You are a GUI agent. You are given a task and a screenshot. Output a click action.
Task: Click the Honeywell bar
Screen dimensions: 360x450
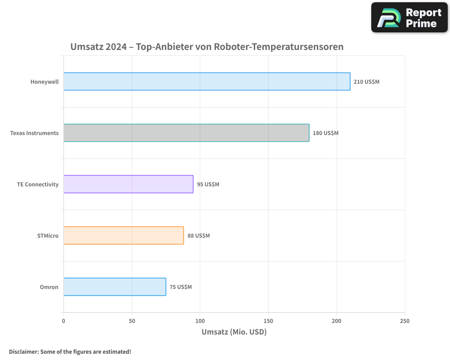click(x=207, y=81)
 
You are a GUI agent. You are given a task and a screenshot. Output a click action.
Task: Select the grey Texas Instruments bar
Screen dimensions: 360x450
click(x=186, y=133)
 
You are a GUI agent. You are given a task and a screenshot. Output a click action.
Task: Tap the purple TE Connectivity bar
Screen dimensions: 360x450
click(x=128, y=184)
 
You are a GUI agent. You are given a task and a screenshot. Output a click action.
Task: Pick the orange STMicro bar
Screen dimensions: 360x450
click(x=123, y=235)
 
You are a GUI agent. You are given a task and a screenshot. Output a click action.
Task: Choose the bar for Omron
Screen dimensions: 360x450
click(x=115, y=287)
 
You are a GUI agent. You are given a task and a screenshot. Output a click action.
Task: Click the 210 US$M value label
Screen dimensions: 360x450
click(x=366, y=82)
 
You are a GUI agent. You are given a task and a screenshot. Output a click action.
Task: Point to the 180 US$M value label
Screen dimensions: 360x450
click(x=325, y=133)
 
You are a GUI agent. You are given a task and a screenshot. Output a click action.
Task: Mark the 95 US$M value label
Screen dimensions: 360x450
click(x=208, y=184)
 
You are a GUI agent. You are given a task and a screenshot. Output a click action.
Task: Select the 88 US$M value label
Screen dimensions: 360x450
click(x=198, y=236)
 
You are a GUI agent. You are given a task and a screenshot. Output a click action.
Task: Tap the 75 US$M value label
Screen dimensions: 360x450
click(x=180, y=287)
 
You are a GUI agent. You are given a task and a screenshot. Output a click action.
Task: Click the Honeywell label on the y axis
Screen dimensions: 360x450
click(x=45, y=82)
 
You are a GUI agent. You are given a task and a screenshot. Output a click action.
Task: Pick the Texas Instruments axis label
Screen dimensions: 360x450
click(x=34, y=133)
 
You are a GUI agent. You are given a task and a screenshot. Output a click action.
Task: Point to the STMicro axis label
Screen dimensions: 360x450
click(x=48, y=236)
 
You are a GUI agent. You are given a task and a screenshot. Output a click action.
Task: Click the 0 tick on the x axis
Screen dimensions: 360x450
click(x=63, y=321)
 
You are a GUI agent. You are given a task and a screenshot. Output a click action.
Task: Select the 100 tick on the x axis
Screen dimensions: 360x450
click(x=200, y=321)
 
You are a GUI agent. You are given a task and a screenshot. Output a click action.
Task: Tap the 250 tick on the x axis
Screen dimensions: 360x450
click(x=405, y=321)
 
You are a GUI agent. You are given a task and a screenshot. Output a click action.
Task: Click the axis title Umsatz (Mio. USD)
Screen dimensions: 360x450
click(x=234, y=332)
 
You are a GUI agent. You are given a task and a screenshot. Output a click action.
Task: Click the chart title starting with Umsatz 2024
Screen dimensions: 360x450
click(x=207, y=47)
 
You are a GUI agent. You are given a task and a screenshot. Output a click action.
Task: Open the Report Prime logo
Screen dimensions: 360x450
click(x=409, y=18)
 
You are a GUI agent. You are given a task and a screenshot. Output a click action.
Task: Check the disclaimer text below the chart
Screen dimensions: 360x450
click(x=70, y=351)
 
